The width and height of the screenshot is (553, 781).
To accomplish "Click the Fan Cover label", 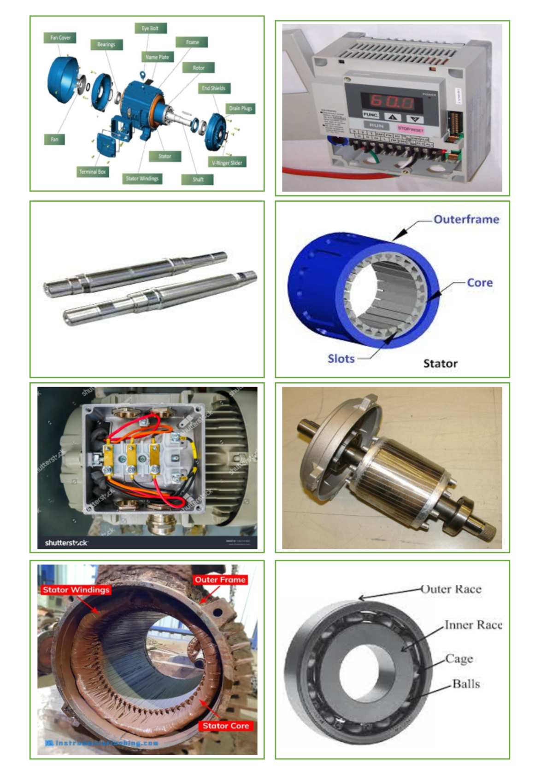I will [x=60, y=38].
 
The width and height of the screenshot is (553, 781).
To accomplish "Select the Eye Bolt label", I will [x=150, y=28].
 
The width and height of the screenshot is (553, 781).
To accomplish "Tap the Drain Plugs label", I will [x=241, y=109].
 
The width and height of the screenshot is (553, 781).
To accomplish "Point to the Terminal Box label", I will [x=93, y=172].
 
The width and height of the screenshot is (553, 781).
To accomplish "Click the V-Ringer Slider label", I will [x=227, y=163].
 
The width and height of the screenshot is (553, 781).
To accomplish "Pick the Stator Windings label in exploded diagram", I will [x=142, y=179].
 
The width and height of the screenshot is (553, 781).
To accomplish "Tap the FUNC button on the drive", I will [x=371, y=115].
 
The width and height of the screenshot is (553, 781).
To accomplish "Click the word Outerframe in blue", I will [x=466, y=219].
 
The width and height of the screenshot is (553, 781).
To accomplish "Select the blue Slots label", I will [x=341, y=359].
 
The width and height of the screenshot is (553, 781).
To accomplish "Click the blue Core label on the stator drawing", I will [x=480, y=283].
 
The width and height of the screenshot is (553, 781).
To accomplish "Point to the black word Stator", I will [x=441, y=364].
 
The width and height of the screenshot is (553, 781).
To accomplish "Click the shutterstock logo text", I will [x=66, y=543].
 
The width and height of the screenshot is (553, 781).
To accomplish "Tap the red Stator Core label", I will [x=226, y=726].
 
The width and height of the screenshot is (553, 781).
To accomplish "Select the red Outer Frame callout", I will [x=220, y=580].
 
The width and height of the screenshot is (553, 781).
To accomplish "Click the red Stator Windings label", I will [x=76, y=590].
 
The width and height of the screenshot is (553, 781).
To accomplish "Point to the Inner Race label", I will [x=473, y=625].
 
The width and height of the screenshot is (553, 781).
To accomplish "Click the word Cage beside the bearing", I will [x=459, y=659].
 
